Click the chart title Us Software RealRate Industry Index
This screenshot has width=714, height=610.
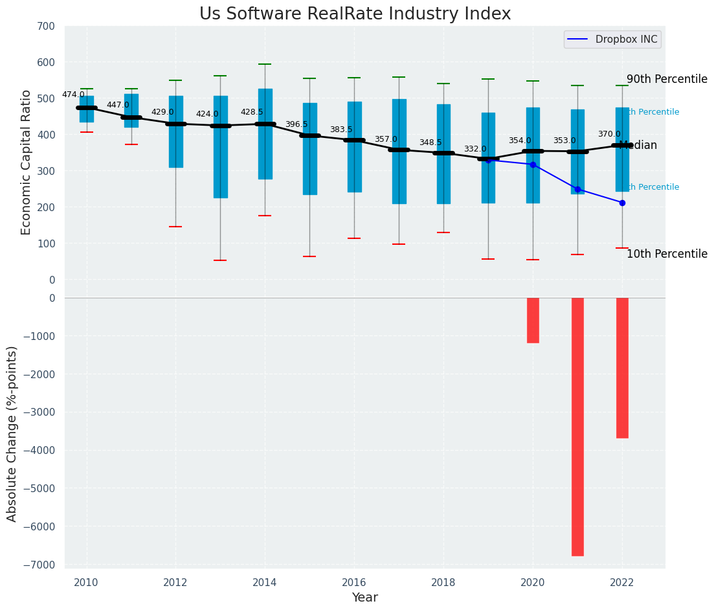click(x=355, y=14)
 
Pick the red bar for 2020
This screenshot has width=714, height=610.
click(x=533, y=320)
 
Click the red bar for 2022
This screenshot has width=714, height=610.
click(x=622, y=368)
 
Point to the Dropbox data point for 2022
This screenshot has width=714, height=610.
click(x=622, y=203)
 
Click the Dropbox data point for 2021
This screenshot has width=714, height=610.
click(x=577, y=189)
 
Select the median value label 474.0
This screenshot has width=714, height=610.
click(x=73, y=95)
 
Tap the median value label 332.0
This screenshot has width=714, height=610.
click(x=475, y=149)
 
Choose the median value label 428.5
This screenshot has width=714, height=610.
click(x=252, y=112)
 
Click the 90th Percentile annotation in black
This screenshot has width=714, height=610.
click(x=667, y=79)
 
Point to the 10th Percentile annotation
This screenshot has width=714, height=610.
click(x=667, y=254)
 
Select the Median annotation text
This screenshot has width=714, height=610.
click(x=638, y=146)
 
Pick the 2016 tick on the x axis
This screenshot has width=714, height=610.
click(x=354, y=583)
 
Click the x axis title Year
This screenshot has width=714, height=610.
click(x=364, y=598)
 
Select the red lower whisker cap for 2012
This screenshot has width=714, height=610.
click(x=175, y=227)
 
